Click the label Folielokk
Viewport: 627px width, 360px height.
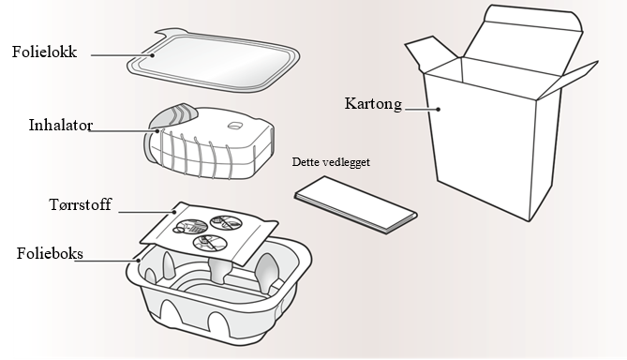point(44,52)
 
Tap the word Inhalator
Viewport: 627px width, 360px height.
point(61,126)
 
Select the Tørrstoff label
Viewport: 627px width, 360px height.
point(81,204)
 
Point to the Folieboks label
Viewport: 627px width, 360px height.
point(50,254)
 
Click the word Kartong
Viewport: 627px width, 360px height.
point(373,104)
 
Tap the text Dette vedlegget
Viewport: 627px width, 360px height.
point(331,162)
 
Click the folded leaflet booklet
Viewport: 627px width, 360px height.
point(356,204)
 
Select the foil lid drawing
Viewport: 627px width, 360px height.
point(214,61)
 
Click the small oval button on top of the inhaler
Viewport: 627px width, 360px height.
point(235,126)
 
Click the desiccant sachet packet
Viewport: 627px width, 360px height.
point(209,233)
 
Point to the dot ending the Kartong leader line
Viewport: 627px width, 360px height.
point(439,109)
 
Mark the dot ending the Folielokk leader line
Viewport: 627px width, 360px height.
point(153,55)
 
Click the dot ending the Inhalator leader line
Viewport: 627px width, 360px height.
point(157,131)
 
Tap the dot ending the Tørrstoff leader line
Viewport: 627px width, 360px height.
point(174,212)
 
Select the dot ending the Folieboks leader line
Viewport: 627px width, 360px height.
point(139,261)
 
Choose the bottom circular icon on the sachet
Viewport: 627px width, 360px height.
point(210,243)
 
